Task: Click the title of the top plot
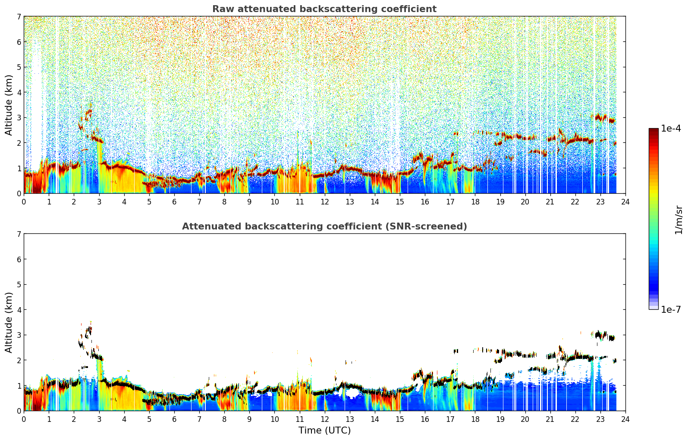point(324,9)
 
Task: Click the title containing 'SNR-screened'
point(324,226)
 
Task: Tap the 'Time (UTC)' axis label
point(324,430)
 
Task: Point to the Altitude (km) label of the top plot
point(9,105)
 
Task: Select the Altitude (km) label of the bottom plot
point(9,322)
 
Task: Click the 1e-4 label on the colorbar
point(671,129)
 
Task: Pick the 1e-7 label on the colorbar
point(671,309)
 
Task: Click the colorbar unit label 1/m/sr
point(679,220)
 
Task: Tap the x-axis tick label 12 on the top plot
point(325,202)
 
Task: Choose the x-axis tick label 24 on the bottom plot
point(625,419)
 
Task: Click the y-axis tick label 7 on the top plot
point(19,16)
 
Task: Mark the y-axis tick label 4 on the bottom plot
point(19,310)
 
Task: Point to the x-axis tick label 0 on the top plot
point(24,202)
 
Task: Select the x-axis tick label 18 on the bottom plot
point(475,419)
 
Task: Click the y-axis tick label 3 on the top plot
point(19,117)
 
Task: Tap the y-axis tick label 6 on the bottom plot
point(19,259)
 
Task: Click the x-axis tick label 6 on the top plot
point(174,202)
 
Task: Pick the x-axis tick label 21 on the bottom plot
point(550,419)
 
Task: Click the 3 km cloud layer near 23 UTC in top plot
point(603,119)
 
